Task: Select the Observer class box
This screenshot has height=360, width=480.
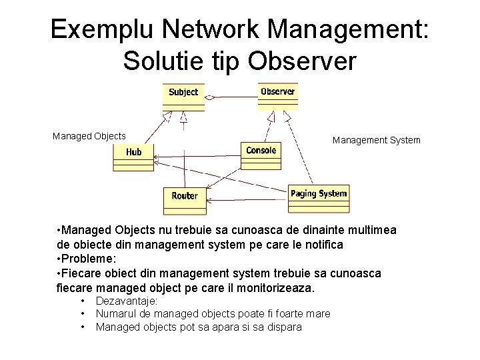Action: (x=277, y=94)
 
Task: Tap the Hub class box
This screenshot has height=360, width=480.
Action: (x=133, y=155)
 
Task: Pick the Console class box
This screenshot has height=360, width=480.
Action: (x=261, y=153)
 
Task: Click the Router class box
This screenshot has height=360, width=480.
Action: (x=184, y=197)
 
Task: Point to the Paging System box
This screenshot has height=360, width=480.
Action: (x=319, y=196)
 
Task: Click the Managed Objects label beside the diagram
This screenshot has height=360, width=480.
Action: (x=89, y=136)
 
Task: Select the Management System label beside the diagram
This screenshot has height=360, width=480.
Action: (x=377, y=140)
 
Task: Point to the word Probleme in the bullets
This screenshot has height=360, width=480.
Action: (x=89, y=259)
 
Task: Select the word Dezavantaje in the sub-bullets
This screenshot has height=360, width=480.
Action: (x=127, y=301)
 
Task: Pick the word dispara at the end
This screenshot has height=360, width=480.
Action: (x=283, y=327)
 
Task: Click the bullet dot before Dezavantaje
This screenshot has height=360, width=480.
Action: (x=83, y=302)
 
